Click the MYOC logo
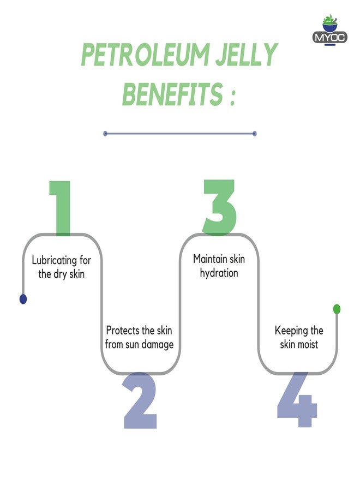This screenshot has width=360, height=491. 329,30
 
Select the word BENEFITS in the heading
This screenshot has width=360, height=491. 172,94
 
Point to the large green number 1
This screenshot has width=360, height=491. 61,208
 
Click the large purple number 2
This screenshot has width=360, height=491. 140,400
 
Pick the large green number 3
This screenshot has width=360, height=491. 219,207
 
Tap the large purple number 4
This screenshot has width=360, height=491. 297,399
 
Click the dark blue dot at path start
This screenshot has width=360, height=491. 23,299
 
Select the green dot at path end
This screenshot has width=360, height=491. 337,309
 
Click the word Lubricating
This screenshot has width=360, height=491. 55,260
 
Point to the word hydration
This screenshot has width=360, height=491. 219,273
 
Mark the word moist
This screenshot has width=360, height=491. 308,344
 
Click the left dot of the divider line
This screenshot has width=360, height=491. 105,134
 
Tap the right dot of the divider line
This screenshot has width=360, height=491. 255,134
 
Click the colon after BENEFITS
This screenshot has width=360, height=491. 232,98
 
